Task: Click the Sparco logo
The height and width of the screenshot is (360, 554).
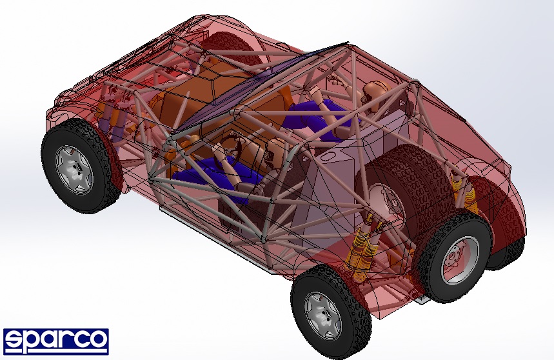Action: [x=56, y=342]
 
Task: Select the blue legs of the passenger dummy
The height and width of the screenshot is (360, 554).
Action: [x=318, y=113]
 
